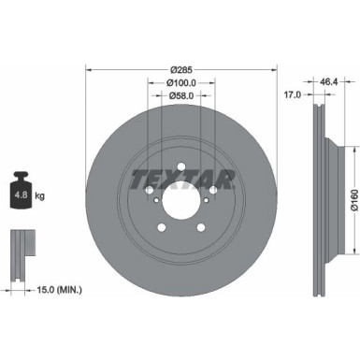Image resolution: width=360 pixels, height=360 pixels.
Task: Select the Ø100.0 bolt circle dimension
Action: [180, 82]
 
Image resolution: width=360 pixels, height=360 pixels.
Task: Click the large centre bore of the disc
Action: [180, 198]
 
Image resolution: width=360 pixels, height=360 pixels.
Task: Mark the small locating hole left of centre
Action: [155, 205]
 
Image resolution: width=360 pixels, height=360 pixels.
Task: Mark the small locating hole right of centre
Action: [207, 205]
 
